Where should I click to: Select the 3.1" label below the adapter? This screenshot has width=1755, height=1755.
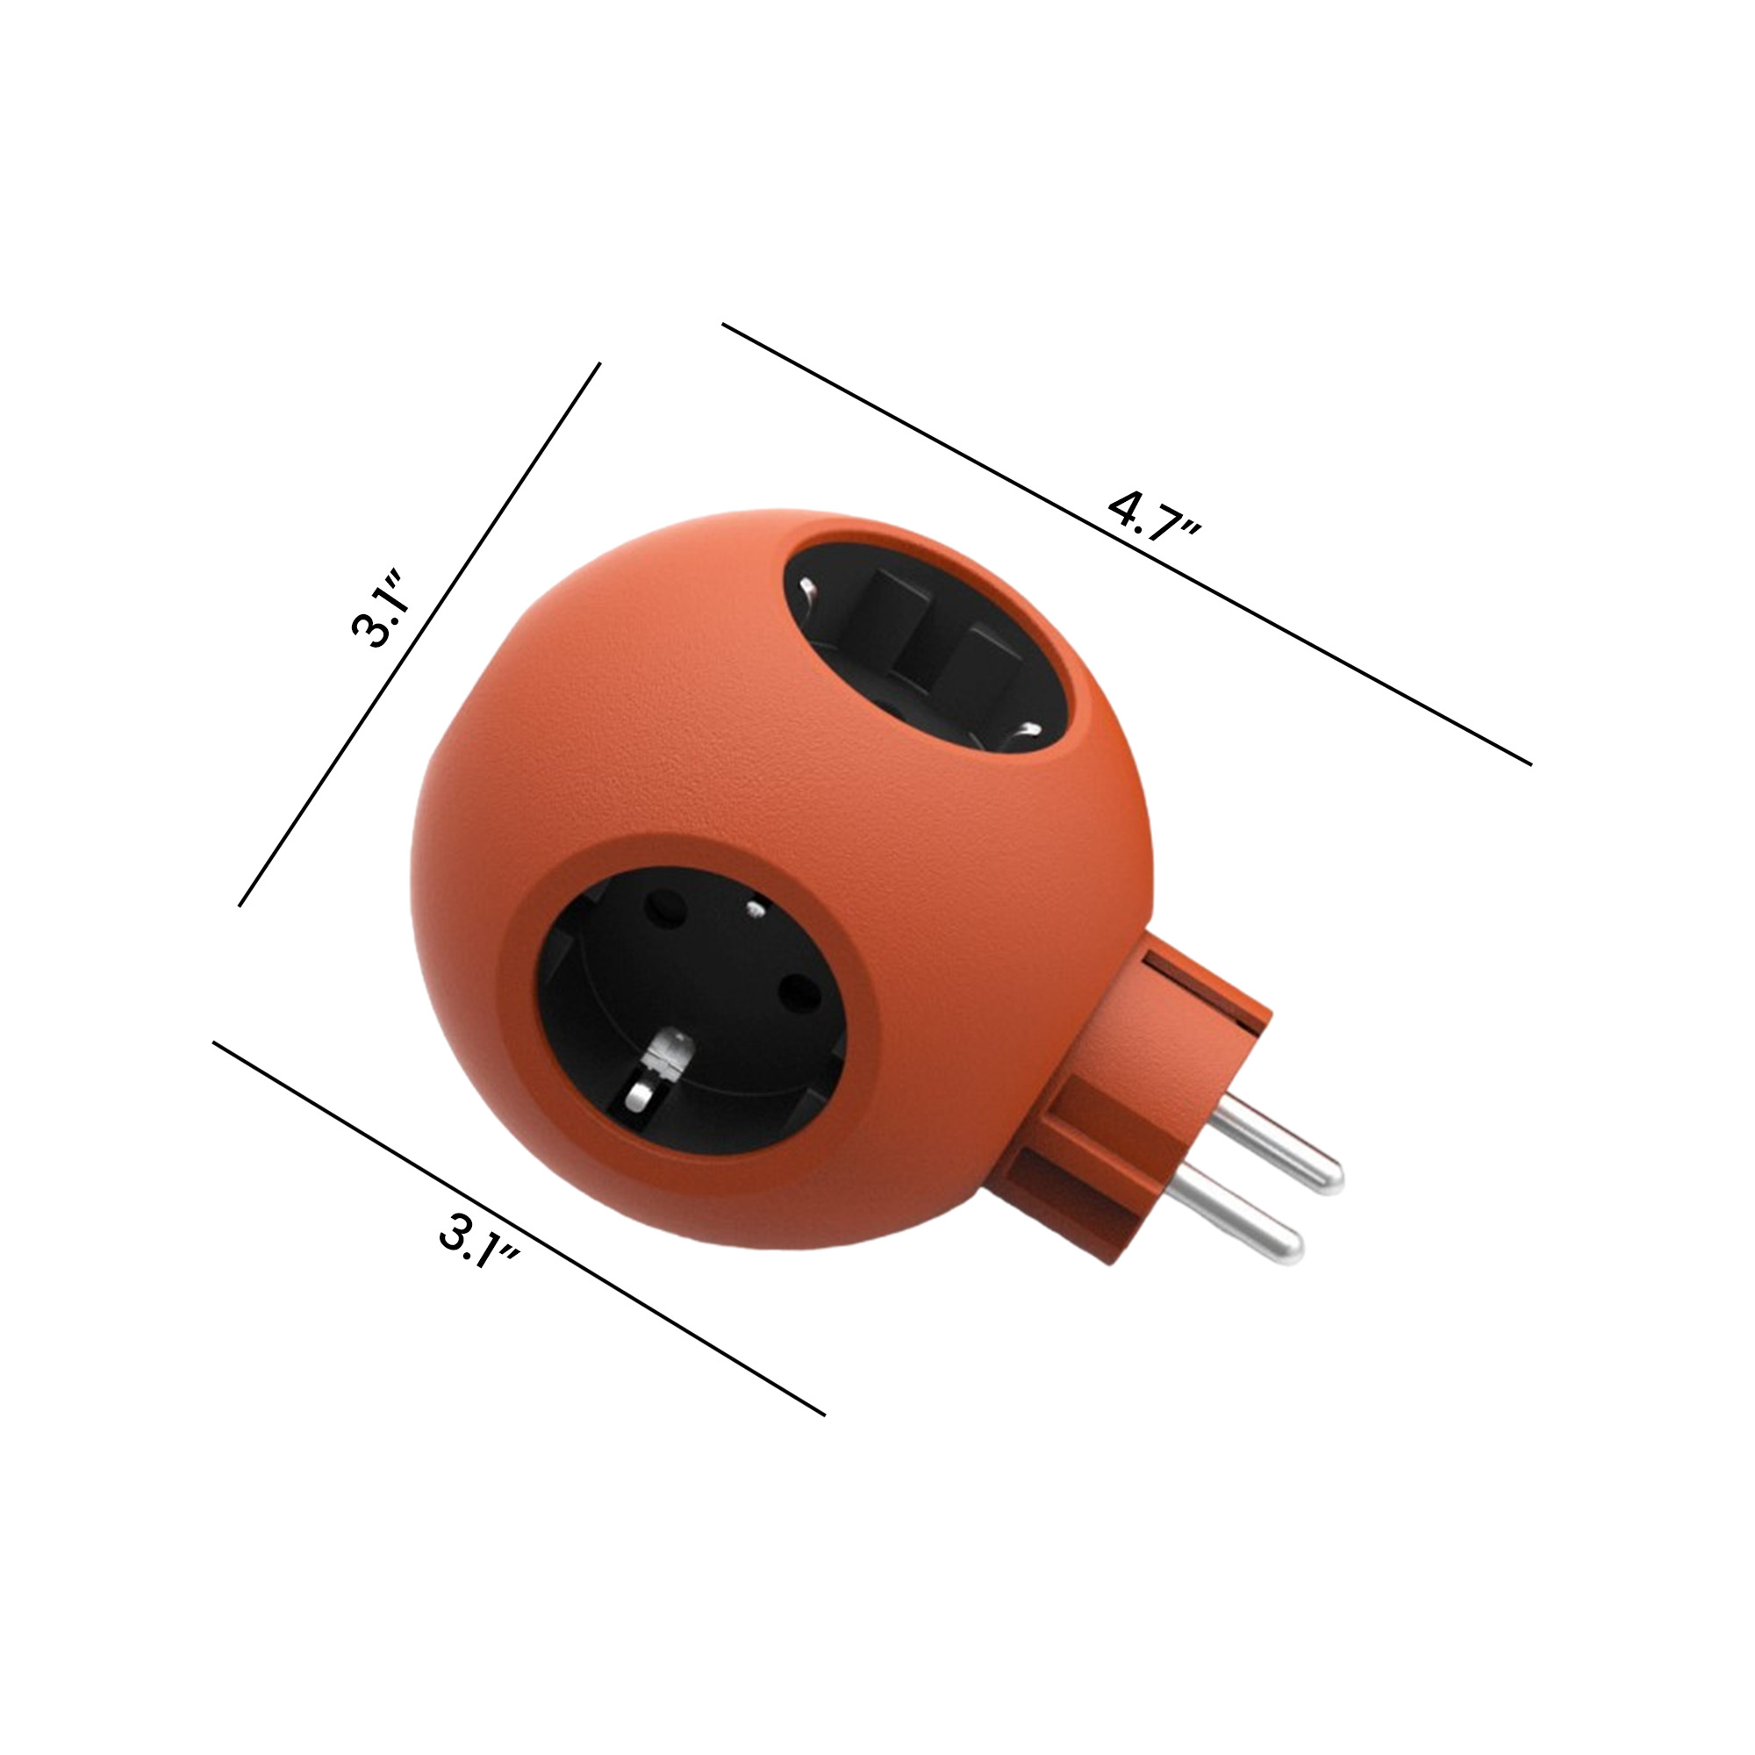(x=480, y=1241)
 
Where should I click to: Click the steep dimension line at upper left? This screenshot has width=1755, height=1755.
(x=418, y=636)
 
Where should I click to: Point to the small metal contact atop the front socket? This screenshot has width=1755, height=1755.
(x=753, y=907)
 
